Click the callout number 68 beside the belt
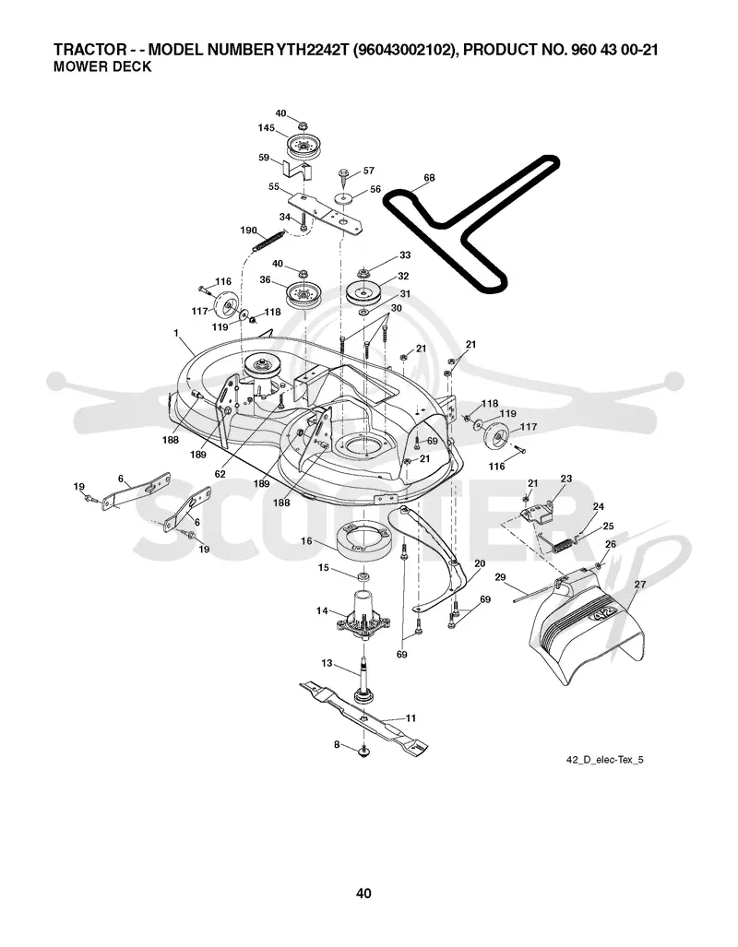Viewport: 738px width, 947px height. pos(429,178)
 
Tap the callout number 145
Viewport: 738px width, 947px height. pos(266,128)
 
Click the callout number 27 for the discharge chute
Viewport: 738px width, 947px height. pos(639,584)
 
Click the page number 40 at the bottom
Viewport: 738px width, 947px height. pos(363,894)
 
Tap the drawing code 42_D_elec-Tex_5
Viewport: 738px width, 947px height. pos(604,759)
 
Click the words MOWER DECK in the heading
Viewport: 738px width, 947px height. pos(102,66)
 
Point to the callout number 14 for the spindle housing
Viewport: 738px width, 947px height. pos(322,611)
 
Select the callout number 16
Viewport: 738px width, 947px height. pos(306,541)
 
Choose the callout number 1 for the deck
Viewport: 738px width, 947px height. pos(176,333)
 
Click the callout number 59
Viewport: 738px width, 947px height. pos(264,158)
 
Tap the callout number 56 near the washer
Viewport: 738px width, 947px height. pos(375,189)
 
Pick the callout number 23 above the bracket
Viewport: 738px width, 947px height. pos(565,479)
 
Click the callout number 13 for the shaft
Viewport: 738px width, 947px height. pos(327,663)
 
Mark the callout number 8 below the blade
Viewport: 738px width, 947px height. pos(337,745)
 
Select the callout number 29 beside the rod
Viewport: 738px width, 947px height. pos(500,578)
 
